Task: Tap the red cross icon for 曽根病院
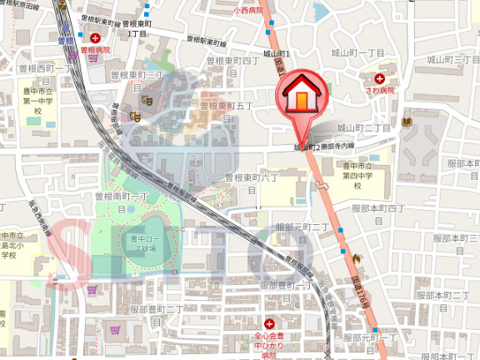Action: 95,38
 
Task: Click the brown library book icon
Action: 406,122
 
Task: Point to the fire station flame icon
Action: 356,258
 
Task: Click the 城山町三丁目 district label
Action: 453,59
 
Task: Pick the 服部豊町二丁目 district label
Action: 157,309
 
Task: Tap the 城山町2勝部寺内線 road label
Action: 323,147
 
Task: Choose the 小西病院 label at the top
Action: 247,11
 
